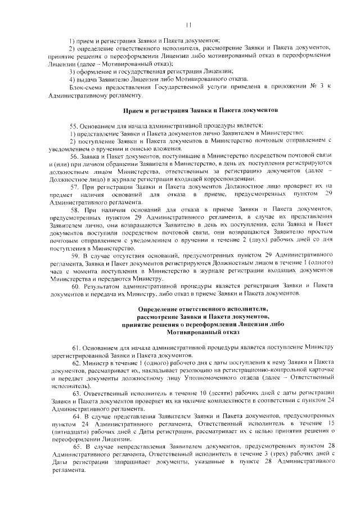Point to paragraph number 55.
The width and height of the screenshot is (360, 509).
pos(74,125)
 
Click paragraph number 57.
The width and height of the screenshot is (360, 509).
pos(74,186)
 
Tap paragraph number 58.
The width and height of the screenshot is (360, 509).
pos(74,209)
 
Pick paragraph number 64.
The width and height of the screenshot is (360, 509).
pos(74,415)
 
